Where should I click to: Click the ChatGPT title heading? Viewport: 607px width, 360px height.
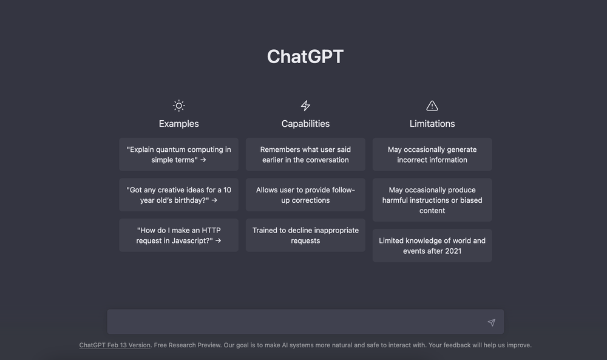pyautogui.click(x=305, y=56)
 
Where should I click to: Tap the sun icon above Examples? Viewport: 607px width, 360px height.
pyautogui.click(x=178, y=106)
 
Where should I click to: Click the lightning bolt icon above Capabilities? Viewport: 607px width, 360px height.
pyautogui.click(x=305, y=106)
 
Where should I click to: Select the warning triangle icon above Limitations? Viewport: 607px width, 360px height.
pyautogui.click(x=432, y=106)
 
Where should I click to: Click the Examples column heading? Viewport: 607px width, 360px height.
pyautogui.click(x=178, y=123)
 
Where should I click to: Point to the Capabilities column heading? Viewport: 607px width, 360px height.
pyautogui.click(x=305, y=123)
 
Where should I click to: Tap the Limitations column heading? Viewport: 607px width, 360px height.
pyautogui.click(x=432, y=123)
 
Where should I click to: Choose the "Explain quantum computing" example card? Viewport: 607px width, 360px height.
pyautogui.click(x=178, y=154)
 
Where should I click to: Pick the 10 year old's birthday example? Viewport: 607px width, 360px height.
pyautogui.click(x=178, y=195)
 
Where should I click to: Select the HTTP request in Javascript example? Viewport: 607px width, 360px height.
pyautogui.click(x=178, y=236)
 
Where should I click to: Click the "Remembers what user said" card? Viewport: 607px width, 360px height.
pyautogui.click(x=305, y=154)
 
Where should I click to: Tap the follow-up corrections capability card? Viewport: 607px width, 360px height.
pyautogui.click(x=305, y=195)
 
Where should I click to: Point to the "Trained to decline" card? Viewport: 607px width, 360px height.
pyautogui.click(x=305, y=236)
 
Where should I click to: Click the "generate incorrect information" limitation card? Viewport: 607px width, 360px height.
pyautogui.click(x=432, y=154)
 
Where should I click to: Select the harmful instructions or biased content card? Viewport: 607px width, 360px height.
pyautogui.click(x=432, y=200)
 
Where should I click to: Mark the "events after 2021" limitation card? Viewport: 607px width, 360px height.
pyautogui.click(x=432, y=245)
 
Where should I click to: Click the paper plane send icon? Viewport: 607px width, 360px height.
pyautogui.click(x=491, y=322)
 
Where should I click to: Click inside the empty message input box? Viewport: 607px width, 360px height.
pyautogui.click(x=294, y=322)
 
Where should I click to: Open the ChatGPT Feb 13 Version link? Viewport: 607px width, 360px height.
pyautogui.click(x=115, y=345)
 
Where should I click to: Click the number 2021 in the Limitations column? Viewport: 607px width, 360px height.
pyautogui.click(x=453, y=251)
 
